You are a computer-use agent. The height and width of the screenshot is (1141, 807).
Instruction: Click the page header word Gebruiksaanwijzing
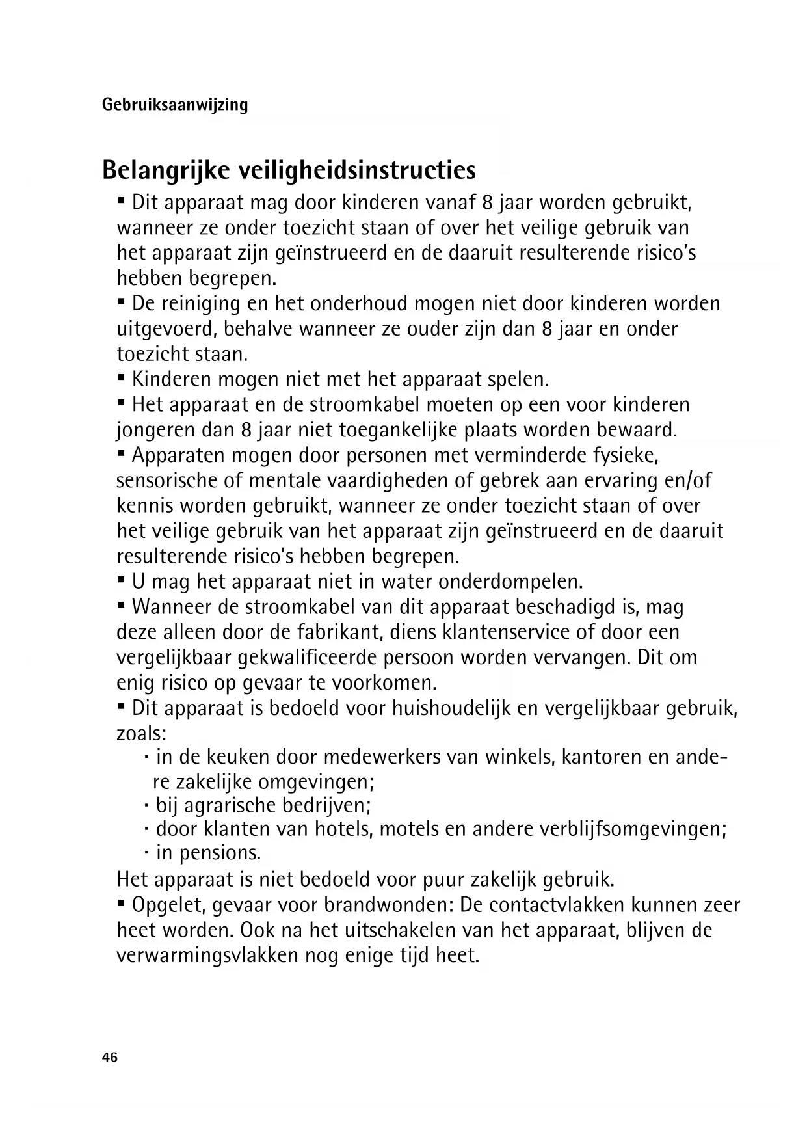click(x=175, y=105)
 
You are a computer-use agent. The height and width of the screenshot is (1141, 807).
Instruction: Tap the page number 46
click(x=110, y=1058)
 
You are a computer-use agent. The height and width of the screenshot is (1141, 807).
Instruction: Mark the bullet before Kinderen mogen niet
click(x=121, y=377)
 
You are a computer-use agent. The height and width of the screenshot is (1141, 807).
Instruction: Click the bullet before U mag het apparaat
click(x=121, y=579)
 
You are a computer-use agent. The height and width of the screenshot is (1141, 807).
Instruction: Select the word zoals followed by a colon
click(x=141, y=734)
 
